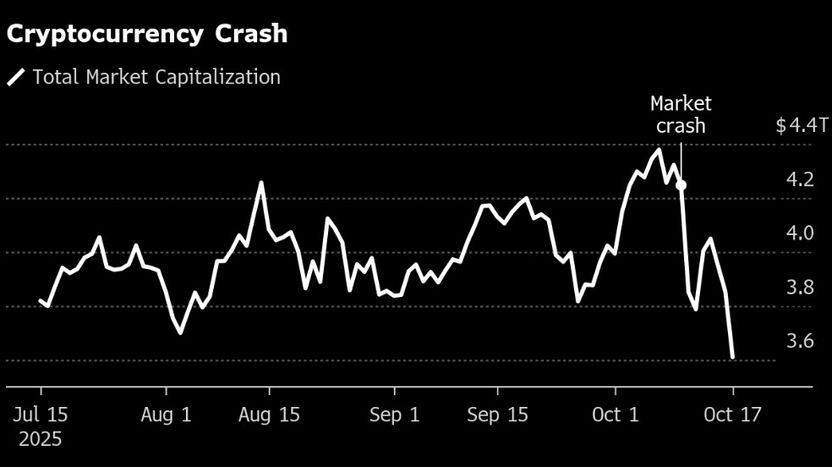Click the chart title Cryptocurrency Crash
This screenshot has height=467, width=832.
(x=148, y=34)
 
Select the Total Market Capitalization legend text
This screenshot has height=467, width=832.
(x=156, y=77)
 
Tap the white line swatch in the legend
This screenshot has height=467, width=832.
(x=16, y=78)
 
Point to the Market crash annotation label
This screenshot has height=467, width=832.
(x=681, y=115)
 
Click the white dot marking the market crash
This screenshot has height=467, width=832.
(x=681, y=185)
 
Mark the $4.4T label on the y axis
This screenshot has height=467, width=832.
(x=802, y=126)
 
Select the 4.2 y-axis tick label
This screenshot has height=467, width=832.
(x=800, y=179)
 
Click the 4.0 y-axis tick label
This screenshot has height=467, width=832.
(x=800, y=233)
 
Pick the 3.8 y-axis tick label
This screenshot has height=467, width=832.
(x=800, y=288)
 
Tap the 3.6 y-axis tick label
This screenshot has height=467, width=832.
(x=800, y=342)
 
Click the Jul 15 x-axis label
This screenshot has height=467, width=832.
(x=41, y=415)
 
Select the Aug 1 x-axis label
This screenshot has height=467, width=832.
(x=167, y=415)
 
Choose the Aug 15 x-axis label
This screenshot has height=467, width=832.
(x=270, y=415)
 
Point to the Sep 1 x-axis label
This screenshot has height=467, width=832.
(x=395, y=415)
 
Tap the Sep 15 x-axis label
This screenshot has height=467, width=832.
(x=497, y=415)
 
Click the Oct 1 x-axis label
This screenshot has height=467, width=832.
(x=616, y=415)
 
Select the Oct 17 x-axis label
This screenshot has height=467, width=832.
(x=733, y=415)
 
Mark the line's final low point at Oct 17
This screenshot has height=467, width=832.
(x=732, y=357)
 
